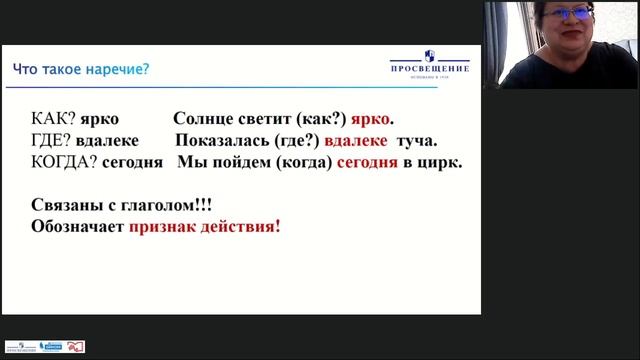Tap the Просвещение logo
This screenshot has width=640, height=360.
tap(428, 62)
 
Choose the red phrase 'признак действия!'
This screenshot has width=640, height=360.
tap(204, 226)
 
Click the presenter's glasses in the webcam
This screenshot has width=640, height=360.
tap(566, 15)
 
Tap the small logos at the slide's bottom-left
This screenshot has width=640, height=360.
tap(44, 346)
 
